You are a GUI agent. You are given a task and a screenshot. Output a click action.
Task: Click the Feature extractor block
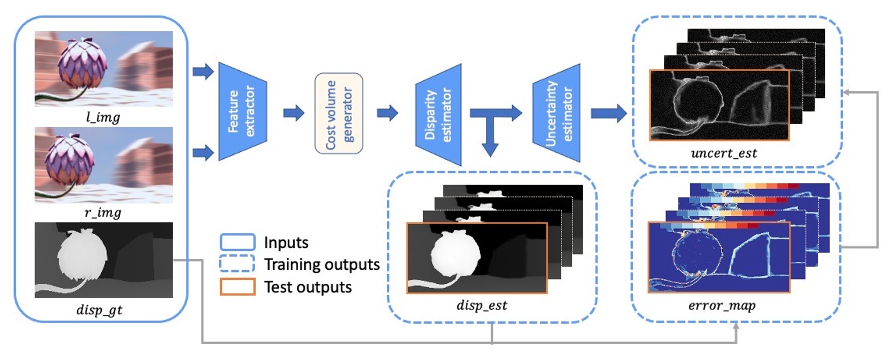click(242, 111)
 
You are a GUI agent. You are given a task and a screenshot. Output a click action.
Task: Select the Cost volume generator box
click(338, 113)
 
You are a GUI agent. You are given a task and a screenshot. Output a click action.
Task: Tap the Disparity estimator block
click(439, 114)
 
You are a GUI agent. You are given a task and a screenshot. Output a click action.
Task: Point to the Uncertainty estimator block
click(557, 113)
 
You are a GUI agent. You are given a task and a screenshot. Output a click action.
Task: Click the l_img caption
click(103, 117)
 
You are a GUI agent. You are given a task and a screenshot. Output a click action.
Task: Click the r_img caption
click(103, 213)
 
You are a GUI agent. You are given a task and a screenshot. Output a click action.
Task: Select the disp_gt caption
click(100, 310)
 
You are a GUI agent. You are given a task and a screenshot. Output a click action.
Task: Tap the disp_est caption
click(482, 305)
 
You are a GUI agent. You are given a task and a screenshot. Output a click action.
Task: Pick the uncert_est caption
click(724, 153)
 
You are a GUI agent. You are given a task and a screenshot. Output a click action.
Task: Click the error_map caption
click(721, 306)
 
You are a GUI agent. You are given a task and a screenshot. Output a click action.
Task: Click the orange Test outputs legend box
click(237, 287)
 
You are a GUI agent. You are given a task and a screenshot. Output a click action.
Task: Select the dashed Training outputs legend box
click(237, 264)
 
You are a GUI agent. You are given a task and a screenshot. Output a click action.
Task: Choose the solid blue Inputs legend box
click(237, 242)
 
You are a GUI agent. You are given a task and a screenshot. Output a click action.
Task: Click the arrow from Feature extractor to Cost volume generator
click(294, 113)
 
